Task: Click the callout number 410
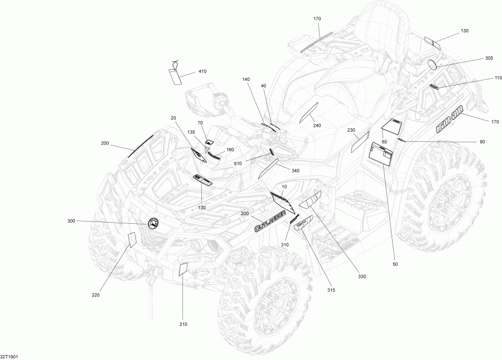[x=202, y=71]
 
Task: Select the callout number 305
[x=489, y=58]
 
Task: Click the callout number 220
[x=95, y=295]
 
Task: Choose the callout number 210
[x=184, y=324]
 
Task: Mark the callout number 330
[x=362, y=276]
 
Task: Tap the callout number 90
[x=482, y=142]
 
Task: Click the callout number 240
[x=317, y=126]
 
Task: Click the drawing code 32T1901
[x=9, y=356]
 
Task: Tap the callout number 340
[x=296, y=171]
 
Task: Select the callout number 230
[x=351, y=130]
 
